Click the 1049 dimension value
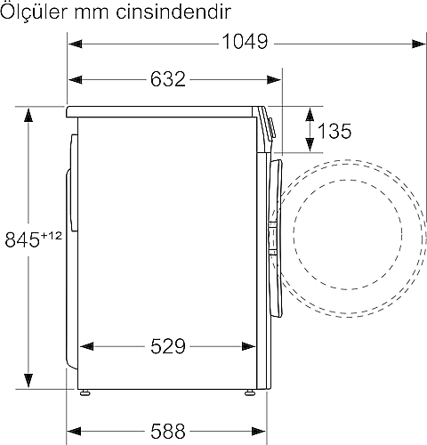pyautogui.click(x=245, y=42)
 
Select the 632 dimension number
pyautogui.click(x=168, y=79)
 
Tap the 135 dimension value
pyautogui.click(x=334, y=131)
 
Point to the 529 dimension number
pyautogui.click(x=168, y=346)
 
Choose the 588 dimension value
pyautogui.click(x=168, y=431)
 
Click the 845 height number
pyautogui.click(x=22, y=239)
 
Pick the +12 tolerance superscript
pyautogui.click(x=52, y=236)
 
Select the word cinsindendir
pyautogui.click(x=173, y=12)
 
